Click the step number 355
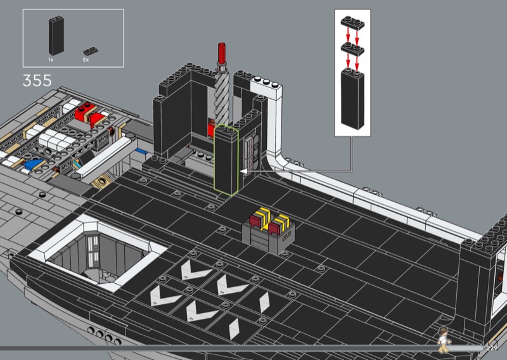pos(37,80)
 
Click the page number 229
pos(492,349)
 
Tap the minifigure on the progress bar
pos(444,340)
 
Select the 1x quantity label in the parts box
pos(51,60)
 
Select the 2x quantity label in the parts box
pos(86,60)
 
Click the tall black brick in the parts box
pos(56,35)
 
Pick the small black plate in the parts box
pos(91,51)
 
